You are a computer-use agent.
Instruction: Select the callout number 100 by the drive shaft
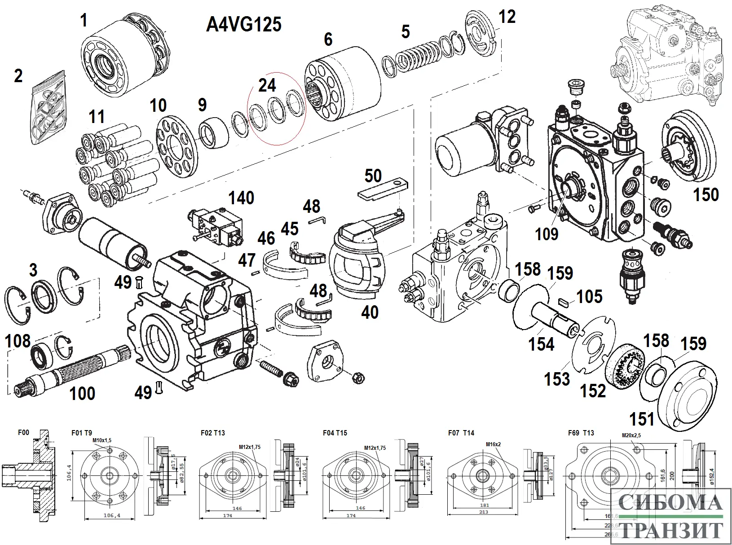click(x=82, y=394)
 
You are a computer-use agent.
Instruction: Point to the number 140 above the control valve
click(x=242, y=198)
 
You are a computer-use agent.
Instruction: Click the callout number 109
click(x=547, y=233)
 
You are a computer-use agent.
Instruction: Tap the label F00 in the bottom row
click(x=23, y=433)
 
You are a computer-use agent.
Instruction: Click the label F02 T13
click(x=213, y=433)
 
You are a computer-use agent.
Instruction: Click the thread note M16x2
click(x=493, y=444)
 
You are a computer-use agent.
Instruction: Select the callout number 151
click(x=642, y=419)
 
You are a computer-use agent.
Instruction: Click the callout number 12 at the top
click(x=507, y=17)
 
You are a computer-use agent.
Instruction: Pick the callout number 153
click(x=557, y=379)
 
